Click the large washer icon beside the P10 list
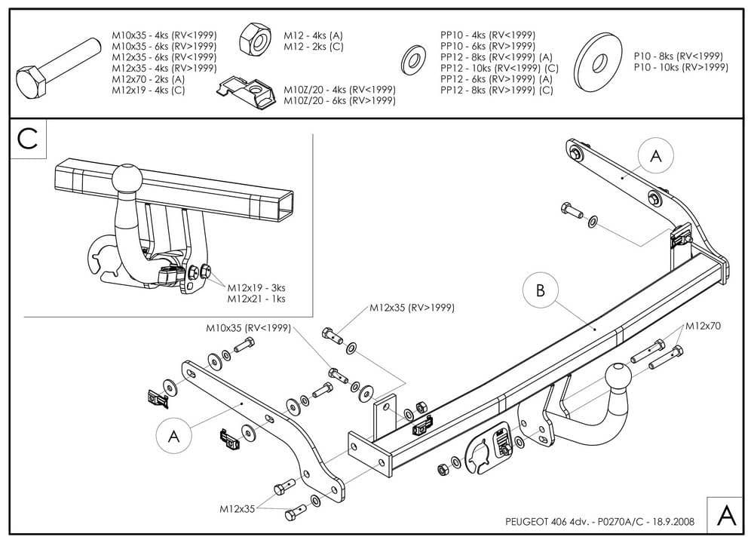click(x=599, y=61)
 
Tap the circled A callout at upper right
click(x=655, y=156)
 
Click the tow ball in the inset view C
click(x=126, y=179)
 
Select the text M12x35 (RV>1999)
click(x=412, y=308)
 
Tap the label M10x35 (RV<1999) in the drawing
click(x=247, y=329)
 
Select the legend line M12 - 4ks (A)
click(x=313, y=35)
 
